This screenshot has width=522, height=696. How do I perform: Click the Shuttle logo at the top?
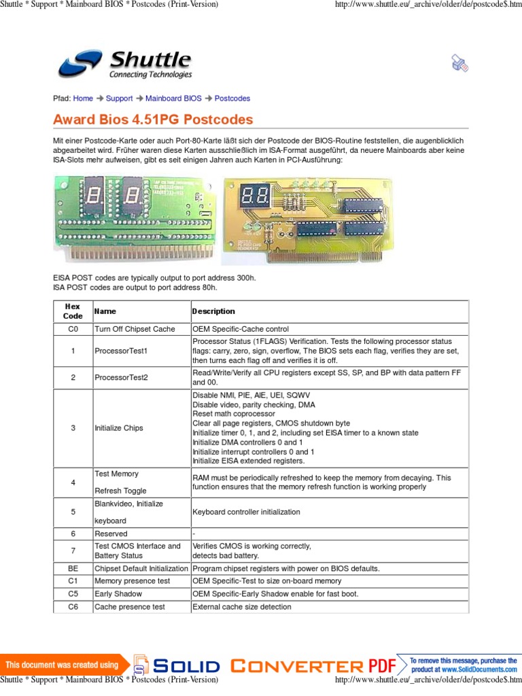point(124,65)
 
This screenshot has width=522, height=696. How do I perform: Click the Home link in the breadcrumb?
point(83,99)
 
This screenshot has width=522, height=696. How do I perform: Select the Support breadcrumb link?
point(119,99)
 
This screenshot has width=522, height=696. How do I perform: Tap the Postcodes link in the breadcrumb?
point(232,99)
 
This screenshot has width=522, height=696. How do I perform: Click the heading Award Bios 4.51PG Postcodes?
point(153,120)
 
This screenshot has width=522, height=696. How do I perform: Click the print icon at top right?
point(460,64)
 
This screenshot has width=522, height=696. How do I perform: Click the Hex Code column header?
point(73,311)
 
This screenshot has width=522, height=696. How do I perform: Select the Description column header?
point(213,311)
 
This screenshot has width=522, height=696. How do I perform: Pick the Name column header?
point(105,311)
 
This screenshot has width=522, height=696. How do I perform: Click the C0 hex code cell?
point(73,329)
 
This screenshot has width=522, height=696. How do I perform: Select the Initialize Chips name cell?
point(119,428)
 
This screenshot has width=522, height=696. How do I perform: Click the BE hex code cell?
point(73,568)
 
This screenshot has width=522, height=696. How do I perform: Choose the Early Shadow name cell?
point(118,594)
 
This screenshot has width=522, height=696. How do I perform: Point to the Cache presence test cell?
point(130,607)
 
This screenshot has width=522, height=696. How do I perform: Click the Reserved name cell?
point(111,534)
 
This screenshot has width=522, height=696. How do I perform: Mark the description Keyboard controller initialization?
point(246,512)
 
